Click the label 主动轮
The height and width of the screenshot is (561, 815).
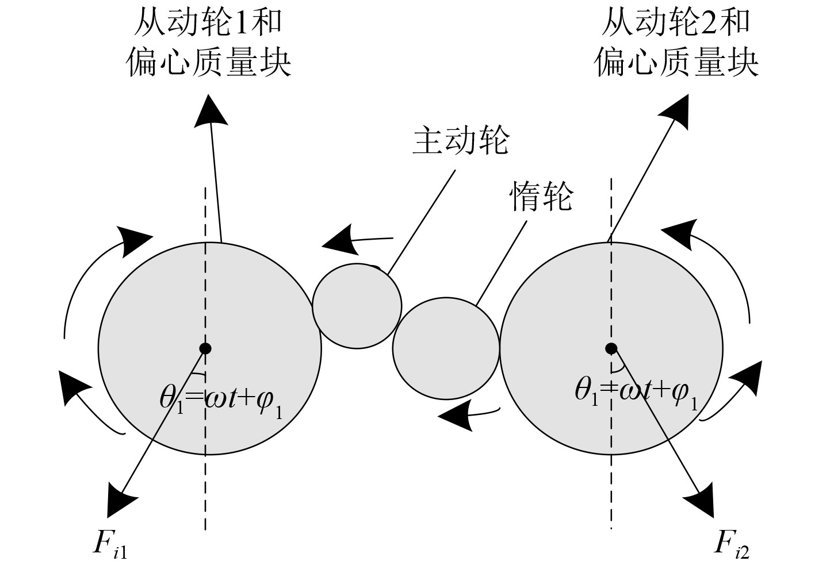tap(461, 140)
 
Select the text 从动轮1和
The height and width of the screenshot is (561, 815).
tap(208, 23)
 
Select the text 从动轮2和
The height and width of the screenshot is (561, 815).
tap(676, 23)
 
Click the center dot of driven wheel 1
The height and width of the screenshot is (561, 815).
tap(205, 348)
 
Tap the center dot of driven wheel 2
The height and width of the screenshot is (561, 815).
tap(611, 348)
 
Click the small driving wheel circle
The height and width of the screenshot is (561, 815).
tap(357, 306)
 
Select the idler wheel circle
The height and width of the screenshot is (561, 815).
tap(446, 348)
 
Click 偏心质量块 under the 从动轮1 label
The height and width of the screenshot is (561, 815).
tap(209, 62)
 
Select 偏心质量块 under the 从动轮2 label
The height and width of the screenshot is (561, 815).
tap(676, 62)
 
